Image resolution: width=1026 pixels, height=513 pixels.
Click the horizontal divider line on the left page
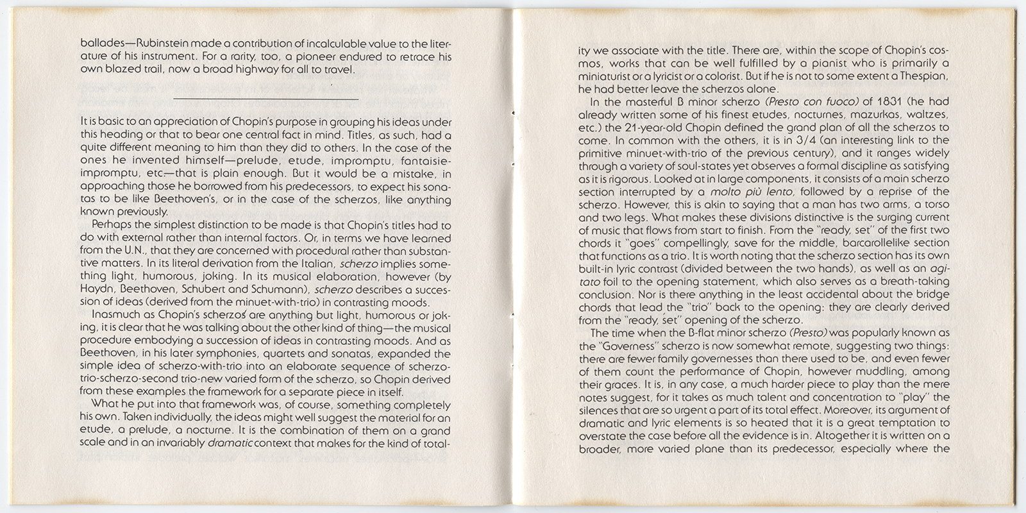click(266, 99)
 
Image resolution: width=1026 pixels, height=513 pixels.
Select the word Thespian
click(919, 76)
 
